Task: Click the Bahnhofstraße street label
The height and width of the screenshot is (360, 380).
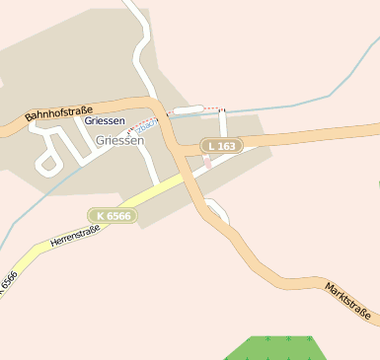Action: [58, 114]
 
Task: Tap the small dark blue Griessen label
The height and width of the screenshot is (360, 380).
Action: [105, 120]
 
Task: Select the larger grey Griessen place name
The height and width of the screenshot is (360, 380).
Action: [120, 140]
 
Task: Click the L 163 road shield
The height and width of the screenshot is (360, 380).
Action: [222, 146]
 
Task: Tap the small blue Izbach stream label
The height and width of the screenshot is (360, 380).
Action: [145, 126]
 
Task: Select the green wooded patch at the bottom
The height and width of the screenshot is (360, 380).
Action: [276, 348]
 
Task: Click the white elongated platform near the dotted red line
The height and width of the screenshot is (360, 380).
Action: [188, 109]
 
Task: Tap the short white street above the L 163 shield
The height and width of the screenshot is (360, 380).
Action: [223, 123]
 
